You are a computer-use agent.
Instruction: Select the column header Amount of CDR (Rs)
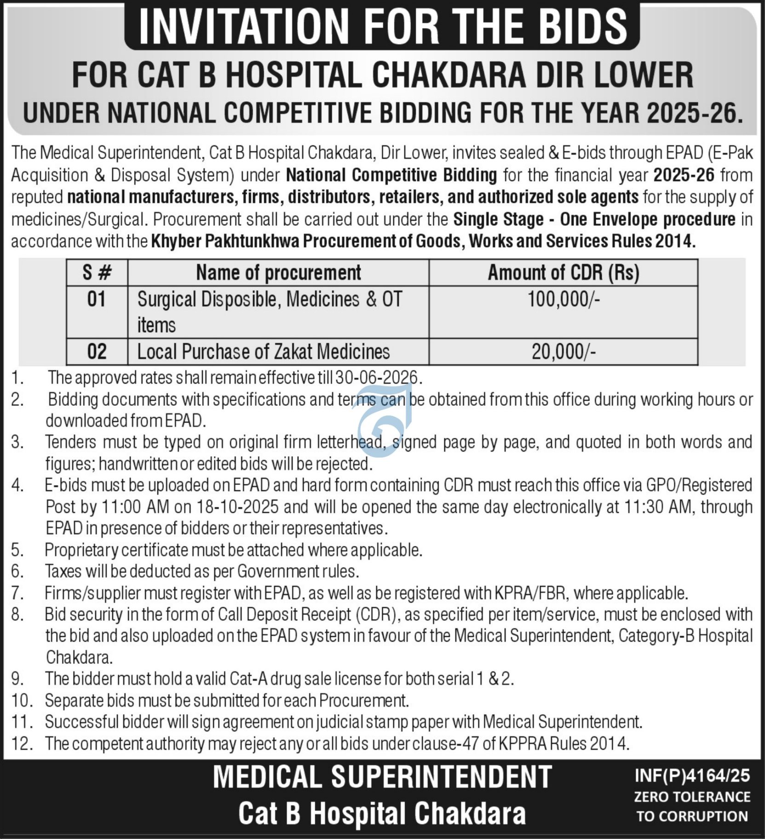563,273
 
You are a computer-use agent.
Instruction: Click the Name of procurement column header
278,273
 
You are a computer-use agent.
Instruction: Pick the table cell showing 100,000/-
563,300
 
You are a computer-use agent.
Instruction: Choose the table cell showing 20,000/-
563,352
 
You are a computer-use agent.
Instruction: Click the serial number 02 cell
97,352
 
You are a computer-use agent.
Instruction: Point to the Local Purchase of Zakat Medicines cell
263,352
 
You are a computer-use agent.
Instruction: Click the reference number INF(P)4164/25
692,776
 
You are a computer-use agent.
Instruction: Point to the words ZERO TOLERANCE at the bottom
692,796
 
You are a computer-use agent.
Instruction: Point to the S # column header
97,273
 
